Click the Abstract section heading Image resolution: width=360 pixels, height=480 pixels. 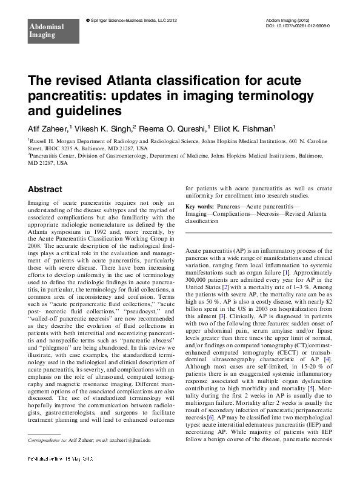[x=47, y=190]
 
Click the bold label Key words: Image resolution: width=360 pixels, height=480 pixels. [x=201, y=207]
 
